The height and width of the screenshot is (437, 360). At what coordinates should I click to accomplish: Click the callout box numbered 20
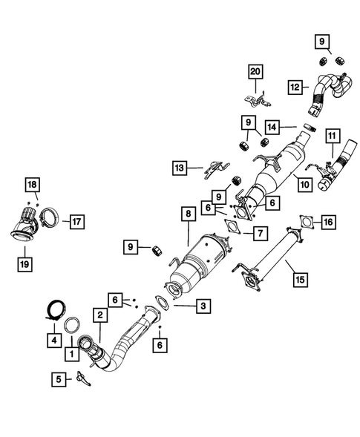click(x=255, y=71)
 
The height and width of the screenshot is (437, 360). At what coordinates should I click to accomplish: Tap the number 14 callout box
click(x=291, y=128)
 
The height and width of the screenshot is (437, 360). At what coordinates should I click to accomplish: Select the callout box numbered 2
click(x=98, y=315)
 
